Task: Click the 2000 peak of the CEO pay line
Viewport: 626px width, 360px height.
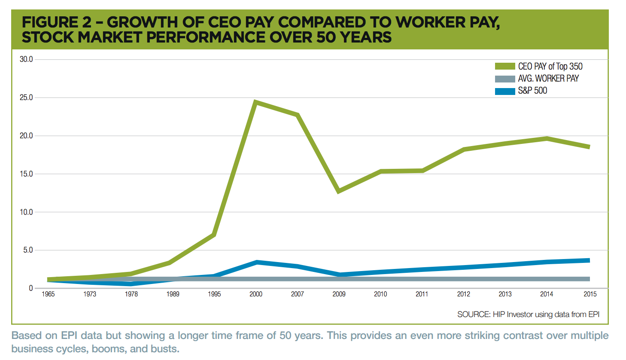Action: tap(255, 102)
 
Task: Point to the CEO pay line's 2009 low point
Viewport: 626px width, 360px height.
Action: tap(339, 191)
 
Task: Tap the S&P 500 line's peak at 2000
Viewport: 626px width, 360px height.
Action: tap(256, 262)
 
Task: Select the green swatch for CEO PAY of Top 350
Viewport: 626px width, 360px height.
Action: tap(504, 66)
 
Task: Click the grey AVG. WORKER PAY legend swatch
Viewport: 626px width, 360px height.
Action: tap(504, 79)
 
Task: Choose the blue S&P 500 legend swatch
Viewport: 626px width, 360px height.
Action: tap(504, 91)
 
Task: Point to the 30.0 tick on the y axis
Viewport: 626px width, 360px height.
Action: tap(26, 59)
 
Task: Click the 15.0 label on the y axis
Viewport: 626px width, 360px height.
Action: tap(26, 174)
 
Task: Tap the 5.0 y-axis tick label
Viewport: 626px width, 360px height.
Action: tap(28, 250)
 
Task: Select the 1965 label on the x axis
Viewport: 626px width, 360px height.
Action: tap(48, 294)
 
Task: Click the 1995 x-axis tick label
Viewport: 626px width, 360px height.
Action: tap(214, 294)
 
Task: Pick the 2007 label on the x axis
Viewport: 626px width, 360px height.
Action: tap(297, 294)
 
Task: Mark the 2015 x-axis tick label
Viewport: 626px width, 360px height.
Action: tap(590, 294)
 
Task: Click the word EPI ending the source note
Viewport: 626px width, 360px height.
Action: tap(594, 314)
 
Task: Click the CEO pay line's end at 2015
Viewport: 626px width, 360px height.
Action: tap(589, 147)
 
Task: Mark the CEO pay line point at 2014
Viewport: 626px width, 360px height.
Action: tap(547, 138)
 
